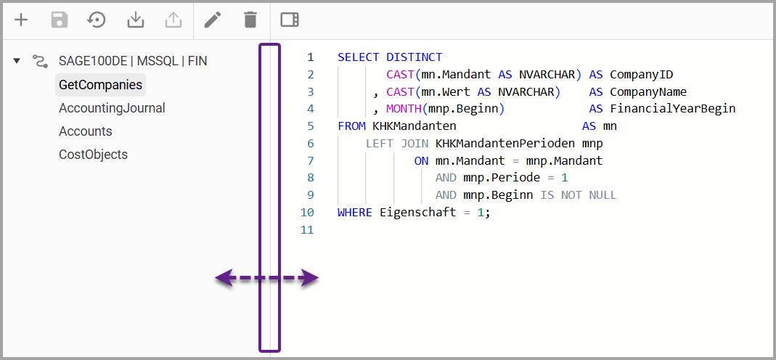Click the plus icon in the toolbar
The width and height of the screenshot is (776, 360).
[21, 20]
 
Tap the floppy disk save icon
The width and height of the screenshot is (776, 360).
[59, 20]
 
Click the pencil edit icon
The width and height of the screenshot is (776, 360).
[212, 20]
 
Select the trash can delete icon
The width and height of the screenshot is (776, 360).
[251, 20]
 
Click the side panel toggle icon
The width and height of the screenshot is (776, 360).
[290, 20]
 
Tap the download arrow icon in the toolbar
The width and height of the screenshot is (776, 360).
[135, 20]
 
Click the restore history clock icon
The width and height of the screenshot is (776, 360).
[97, 20]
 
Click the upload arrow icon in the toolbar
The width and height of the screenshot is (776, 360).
[173, 20]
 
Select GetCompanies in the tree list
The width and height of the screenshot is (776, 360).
[100, 85]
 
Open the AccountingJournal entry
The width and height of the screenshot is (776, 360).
[112, 108]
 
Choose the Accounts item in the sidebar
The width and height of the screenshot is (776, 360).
[86, 131]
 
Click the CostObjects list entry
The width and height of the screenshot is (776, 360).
[93, 155]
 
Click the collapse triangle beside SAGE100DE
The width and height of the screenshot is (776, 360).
[17, 61]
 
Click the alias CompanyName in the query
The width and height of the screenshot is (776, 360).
[648, 92]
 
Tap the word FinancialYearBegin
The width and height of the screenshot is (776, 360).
[673, 109]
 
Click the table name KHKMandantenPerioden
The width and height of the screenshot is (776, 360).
[505, 144]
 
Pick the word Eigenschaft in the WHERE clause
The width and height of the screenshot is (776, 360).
[417, 213]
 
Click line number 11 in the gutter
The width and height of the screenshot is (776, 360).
[307, 230]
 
